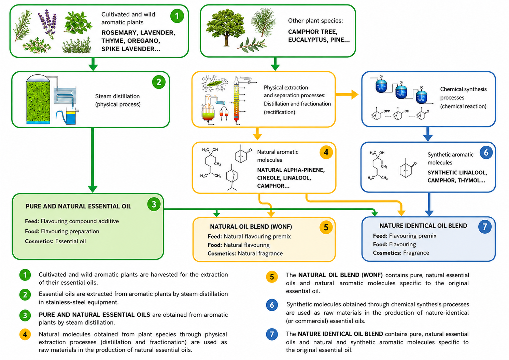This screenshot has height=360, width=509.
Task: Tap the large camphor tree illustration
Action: tap(225, 28)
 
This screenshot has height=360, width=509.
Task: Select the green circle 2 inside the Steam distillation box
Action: tap(159, 82)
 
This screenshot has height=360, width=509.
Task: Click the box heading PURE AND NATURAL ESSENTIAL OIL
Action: tap(79, 206)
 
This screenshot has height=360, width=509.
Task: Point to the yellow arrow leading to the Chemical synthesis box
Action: tap(347, 94)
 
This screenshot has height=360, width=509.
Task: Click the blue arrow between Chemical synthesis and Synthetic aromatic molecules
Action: tap(428, 134)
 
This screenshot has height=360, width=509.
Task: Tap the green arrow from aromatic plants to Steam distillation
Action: tap(93, 64)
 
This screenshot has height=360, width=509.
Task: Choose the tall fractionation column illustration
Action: tap(237, 101)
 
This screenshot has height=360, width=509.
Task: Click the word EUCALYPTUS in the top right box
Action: tap(308, 40)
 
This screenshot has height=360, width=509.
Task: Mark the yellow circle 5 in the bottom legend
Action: tap(272, 277)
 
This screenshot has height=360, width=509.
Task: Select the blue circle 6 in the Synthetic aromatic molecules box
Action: tap(486, 153)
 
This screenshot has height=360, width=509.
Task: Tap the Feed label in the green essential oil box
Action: tap(32, 221)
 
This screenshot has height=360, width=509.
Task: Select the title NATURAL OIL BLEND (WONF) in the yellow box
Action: tap(251, 227)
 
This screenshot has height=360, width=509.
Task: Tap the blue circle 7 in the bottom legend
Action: tap(272, 334)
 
